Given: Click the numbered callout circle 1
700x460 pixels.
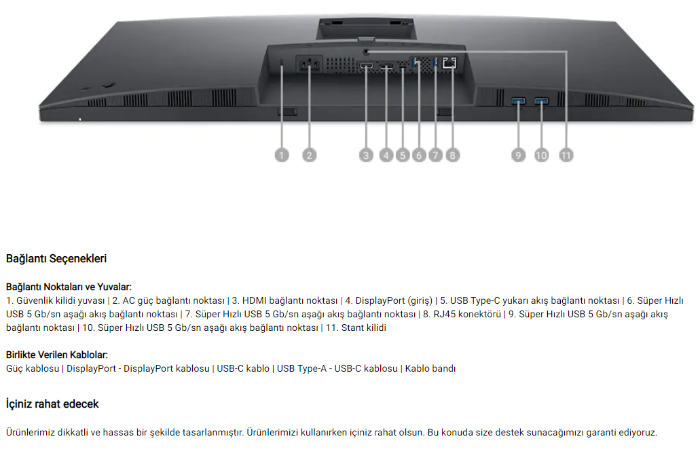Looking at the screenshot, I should point(282,156).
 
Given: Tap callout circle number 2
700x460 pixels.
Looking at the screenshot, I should point(309,156).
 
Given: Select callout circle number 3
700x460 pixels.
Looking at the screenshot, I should point(367,156).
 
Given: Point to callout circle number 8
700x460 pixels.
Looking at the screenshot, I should point(452,156).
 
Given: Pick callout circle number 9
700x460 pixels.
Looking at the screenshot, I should point(518,156).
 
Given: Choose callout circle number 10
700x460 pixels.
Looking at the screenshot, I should point(541,156).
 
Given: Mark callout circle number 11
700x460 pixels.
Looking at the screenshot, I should point(566,156).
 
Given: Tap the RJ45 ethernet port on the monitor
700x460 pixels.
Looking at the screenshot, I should point(449,63).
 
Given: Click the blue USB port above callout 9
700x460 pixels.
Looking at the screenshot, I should point(519,102).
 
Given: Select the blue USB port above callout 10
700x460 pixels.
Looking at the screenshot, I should point(542,102).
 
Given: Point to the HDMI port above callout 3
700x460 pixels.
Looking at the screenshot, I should point(367,67).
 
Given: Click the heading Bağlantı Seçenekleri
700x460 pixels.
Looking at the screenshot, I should point(56,259).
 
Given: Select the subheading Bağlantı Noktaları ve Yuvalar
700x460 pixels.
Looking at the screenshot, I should point(69,287).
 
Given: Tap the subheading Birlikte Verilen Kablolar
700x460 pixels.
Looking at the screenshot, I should point(57,355).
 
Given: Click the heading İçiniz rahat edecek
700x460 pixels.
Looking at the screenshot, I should point(52,404).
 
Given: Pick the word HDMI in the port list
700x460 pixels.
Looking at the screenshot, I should point(255,301).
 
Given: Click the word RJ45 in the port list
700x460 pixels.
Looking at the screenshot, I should point(435,315).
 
